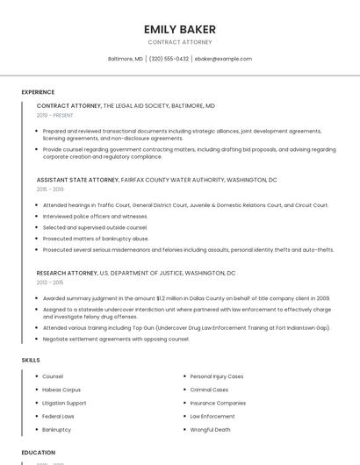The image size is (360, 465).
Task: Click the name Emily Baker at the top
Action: click(x=179, y=29)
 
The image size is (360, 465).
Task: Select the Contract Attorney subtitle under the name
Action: click(x=179, y=42)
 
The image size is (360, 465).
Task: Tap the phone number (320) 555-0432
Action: click(x=169, y=59)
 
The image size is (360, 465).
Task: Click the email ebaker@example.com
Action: click(x=223, y=59)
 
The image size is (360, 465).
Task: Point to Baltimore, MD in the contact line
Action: click(x=126, y=59)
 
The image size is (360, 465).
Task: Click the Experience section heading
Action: click(x=38, y=92)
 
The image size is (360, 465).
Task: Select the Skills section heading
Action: click(x=31, y=360)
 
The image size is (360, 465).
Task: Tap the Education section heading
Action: click(x=39, y=453)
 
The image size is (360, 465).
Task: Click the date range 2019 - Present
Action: click(x=55, y=115)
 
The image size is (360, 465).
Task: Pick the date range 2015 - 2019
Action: click(x=49, y=189)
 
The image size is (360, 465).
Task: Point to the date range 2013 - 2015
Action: click(x=49, y=283)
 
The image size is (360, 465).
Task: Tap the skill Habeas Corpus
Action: click(x=61, y=390)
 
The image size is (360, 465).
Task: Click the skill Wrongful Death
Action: click(x=210, y=430)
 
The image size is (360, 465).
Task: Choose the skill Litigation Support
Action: click(x=64, y=403)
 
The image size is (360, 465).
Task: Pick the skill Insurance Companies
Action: click(x=218, y=403)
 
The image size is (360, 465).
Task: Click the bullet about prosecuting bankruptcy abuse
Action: click(x=96, y=239)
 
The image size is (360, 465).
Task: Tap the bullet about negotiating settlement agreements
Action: click(x=116, y=339)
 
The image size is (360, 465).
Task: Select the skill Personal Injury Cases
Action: click(x=217, y=376)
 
